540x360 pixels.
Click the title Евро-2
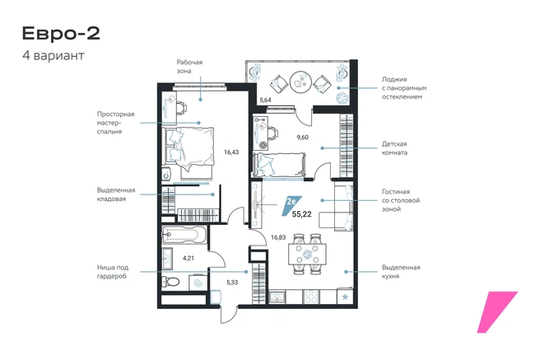61,34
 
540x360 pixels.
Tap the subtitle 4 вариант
54,55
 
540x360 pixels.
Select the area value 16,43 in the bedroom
231,152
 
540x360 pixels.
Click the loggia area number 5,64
265,101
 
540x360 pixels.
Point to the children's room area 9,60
303,137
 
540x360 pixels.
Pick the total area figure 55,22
301,214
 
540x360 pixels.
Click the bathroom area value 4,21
189,258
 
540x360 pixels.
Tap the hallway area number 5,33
232,283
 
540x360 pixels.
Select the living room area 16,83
278,237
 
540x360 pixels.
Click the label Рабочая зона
190,67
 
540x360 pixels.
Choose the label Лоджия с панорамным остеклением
404,88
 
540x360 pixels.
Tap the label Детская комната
394,148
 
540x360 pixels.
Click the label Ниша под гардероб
113,272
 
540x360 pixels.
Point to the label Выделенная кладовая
116,194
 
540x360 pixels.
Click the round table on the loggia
300,82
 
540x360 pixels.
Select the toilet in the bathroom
171,282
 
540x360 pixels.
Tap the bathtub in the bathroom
184,235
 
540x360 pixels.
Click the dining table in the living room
307,255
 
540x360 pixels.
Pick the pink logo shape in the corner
497,312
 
